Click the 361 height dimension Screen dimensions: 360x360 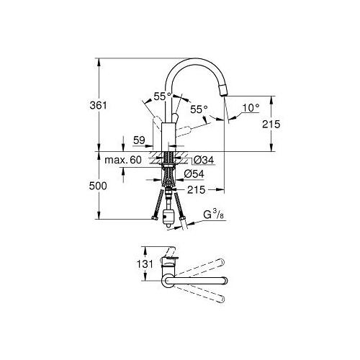tap(98, 105)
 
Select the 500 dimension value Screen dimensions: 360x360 tap(98, 186)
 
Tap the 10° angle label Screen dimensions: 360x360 tap(251, 108)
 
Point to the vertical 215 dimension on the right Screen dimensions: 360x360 tap(271, 124)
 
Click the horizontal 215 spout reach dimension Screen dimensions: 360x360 tap(197, 190)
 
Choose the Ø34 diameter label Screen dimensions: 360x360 tap(204, 160)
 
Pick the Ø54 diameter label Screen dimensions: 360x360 tap(194, 174)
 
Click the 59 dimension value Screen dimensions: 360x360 tap(139, 140)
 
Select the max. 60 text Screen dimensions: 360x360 tap(123, 160)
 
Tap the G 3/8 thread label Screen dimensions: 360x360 tap(214, 215)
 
